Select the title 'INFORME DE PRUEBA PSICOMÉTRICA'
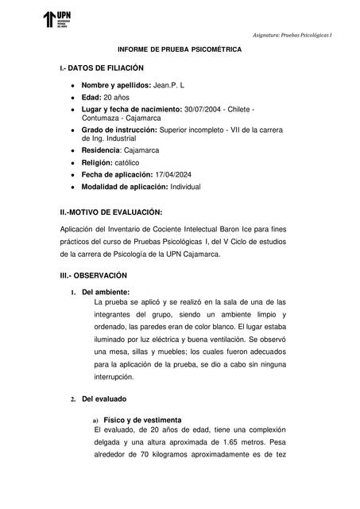point(180,49)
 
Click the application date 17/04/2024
point(192,174)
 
